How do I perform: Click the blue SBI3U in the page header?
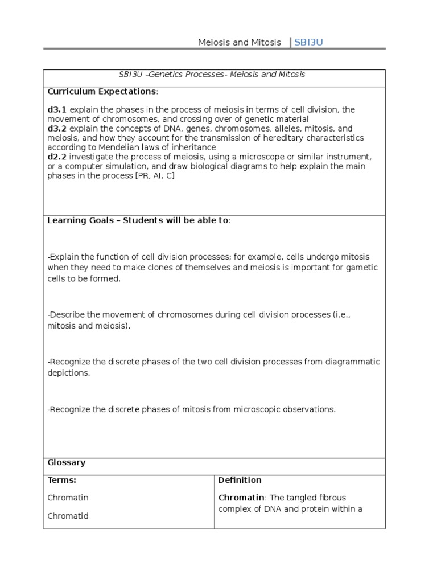click(x=308, y=42)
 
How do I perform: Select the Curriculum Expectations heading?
click(x=101, y=91)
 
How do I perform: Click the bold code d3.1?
click(x=57, y=109)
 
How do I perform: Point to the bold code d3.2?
click(x=57, y=129)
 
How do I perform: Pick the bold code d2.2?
click(x=57, y=157)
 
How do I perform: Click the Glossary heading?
click(x=66, y=462)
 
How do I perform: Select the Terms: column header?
click(x=61, y=480)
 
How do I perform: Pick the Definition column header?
click(x=240, y=480)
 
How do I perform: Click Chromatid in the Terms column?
click(x=68, y=516)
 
